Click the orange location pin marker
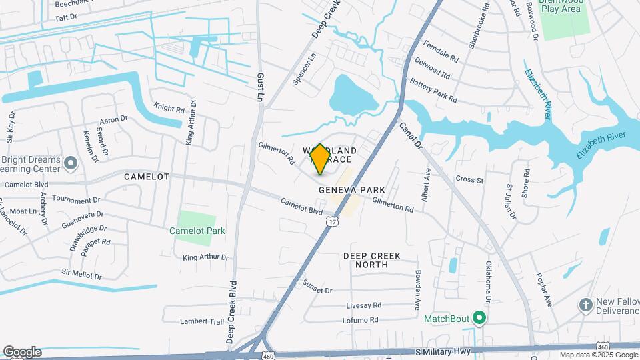320,159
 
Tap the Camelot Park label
197,231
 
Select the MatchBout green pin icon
478,317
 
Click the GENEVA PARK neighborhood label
352,190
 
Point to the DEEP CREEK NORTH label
365,260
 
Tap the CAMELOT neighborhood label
147,177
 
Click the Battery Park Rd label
433,91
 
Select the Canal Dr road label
411,134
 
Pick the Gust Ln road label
260,87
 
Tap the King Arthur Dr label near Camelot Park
205,257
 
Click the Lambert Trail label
201,321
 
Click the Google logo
22,352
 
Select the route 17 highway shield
331,220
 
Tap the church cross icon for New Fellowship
585,305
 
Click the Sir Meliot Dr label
81,274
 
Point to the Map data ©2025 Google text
599,355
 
